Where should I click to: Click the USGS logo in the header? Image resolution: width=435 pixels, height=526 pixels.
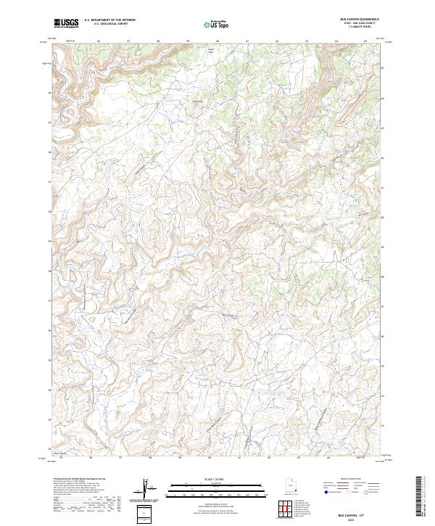(66, 23)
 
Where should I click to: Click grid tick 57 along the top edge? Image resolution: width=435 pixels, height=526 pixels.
(128, 41)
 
